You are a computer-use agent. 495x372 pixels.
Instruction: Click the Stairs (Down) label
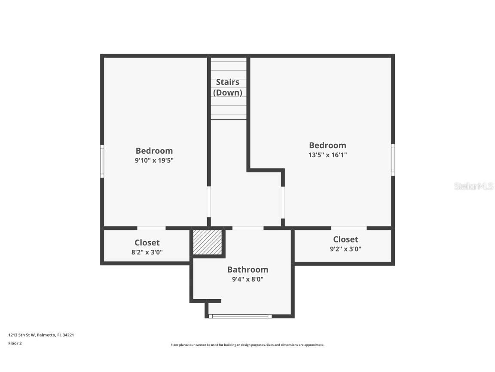[227, 87]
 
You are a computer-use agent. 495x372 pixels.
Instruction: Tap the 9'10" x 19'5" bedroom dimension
[154, 160]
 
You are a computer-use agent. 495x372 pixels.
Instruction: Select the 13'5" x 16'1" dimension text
[327, 155]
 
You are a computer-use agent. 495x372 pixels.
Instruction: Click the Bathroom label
[247, 270]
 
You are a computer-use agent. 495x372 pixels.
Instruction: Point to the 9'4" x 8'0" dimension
[247, 279]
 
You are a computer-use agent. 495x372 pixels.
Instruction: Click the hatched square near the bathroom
[207, 242]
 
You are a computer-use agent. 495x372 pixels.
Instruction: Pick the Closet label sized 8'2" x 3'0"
[147, 243]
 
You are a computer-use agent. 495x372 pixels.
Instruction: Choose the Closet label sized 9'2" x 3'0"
[345, 239]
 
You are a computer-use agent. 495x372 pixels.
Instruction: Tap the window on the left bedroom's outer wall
[102, 161]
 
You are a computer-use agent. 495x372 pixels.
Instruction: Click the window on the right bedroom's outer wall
[393, 160]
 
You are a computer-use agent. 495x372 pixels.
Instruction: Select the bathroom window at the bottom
[240, 316]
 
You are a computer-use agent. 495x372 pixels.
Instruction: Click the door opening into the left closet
[151, 228]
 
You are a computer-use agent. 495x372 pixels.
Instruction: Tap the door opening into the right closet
[348, 228]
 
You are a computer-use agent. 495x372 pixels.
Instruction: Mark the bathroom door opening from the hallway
[247, 228]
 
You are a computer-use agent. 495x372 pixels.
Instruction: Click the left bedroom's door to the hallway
[209, 201]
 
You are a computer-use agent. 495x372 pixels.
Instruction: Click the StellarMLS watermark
[474, 186]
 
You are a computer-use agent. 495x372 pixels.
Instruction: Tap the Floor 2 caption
[15, 343]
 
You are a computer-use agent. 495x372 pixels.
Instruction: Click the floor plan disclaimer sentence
[247, 345]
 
